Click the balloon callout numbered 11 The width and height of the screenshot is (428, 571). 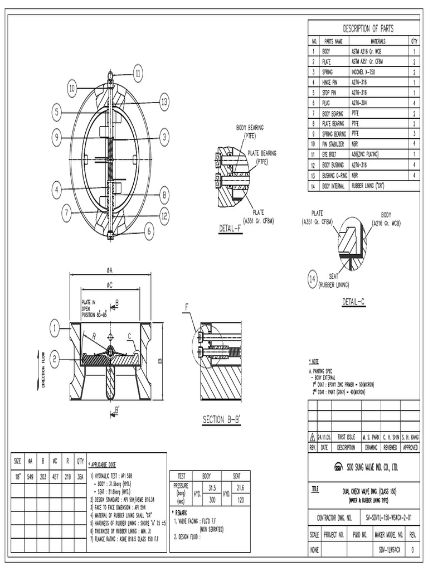click(138, 72)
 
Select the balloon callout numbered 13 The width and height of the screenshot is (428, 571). click(163, 101)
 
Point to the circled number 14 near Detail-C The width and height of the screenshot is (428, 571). click(312, 280)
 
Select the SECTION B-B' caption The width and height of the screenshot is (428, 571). click(221, 419)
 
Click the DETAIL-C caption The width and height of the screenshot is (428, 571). click(354, 302)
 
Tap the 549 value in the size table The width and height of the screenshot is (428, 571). click(31, 477)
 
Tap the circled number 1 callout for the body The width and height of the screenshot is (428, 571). click(56, 328)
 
